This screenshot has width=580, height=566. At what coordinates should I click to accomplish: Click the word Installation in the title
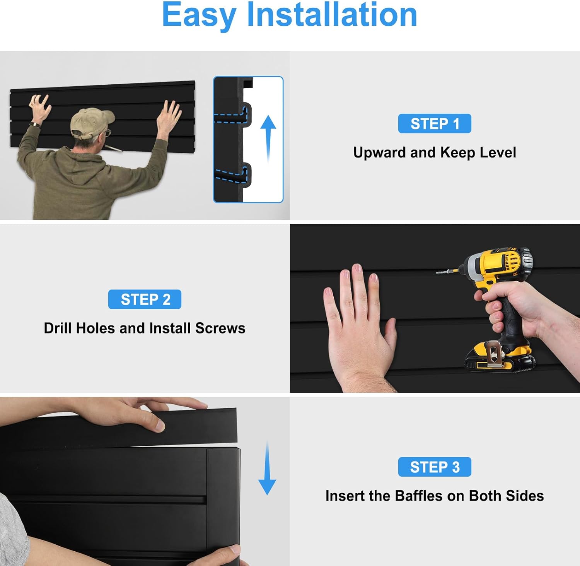tap(332, 15)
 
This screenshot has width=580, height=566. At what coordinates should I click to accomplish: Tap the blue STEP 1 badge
tap(435, 123)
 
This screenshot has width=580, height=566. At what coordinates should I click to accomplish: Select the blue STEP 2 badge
tap(145, 299)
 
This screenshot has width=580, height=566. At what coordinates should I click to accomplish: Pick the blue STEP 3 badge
tap(435, 467)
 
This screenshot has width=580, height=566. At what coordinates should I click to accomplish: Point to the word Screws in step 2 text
tap(220, 328)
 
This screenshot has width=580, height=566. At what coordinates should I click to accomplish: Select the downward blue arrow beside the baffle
tap(267, 468)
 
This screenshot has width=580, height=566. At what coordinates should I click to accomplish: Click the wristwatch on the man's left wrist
tap(35, 124)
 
